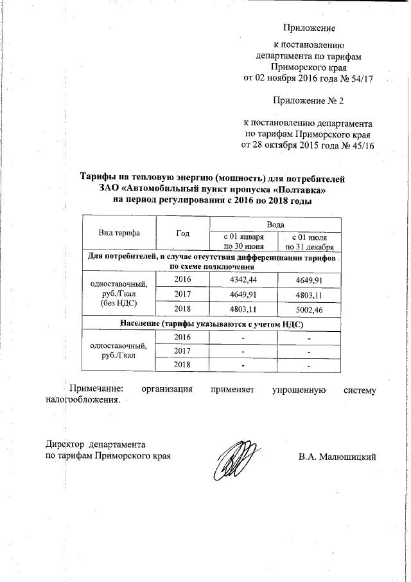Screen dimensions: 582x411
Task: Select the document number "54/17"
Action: [362, 78]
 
